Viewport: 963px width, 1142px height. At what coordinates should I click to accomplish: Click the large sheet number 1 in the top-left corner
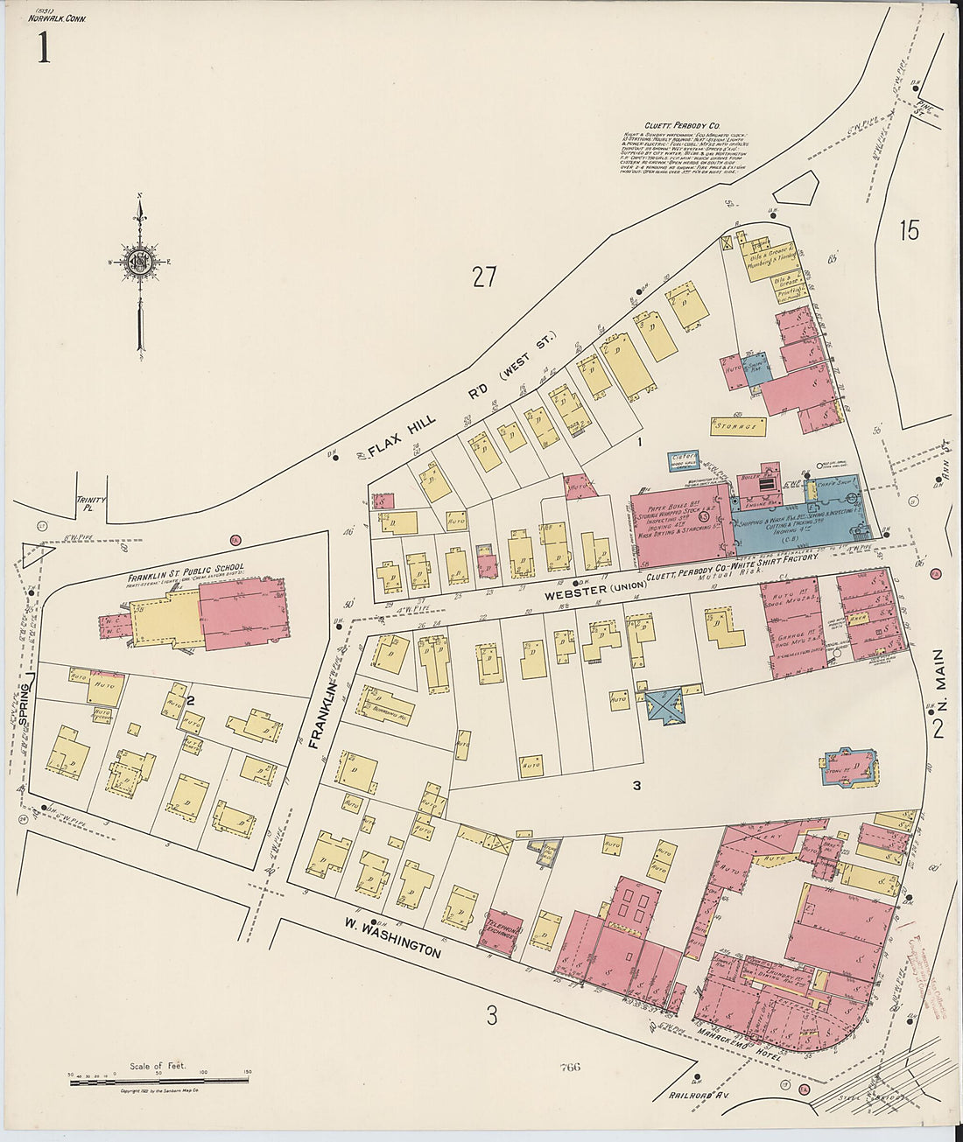[40, 48]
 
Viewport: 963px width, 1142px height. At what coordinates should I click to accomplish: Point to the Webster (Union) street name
[595, 586]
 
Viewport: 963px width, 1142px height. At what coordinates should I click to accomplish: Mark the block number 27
[484, 277]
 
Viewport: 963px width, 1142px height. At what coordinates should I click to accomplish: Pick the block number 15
[909, 231]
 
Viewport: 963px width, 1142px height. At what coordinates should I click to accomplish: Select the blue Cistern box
[684, 459]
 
